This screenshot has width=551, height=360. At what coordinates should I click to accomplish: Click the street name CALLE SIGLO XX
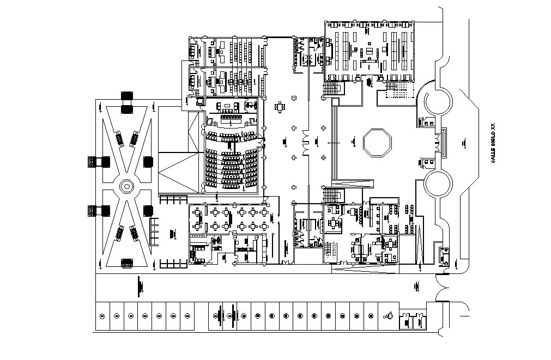(493, 143)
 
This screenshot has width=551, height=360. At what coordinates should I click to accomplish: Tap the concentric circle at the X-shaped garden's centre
(126, 186)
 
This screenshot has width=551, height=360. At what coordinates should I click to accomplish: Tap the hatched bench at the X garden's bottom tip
(126, 263)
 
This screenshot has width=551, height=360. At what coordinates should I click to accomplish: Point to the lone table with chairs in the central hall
(280, 107)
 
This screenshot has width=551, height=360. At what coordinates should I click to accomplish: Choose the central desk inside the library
(370, 52)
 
